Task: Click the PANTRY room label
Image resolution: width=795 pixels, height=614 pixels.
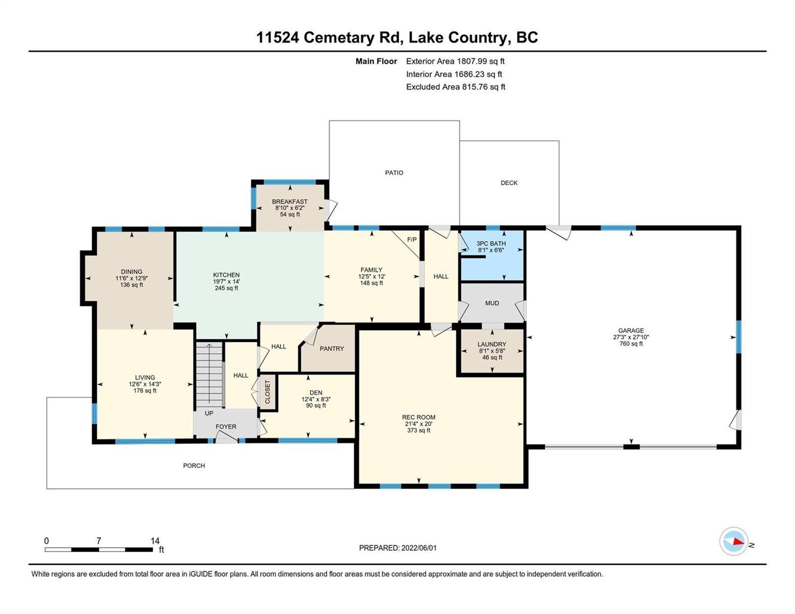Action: pyautogui.click(x=332, y=348)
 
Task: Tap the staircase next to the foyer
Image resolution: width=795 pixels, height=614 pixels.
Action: pyautogui.click(x=209, y=375)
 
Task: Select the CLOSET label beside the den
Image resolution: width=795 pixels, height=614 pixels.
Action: pyautogui.click(x=267, y=391)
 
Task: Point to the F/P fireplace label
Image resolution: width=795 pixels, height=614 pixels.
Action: pyautogui.click(x=412, y=239)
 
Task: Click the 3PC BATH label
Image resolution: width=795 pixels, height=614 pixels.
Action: pyautogui.click(x=491, y=243)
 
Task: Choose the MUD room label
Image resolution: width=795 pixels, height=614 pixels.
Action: pyautogui.click(x=492, y=303)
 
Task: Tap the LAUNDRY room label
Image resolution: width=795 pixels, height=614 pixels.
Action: pyautogui.click(x=492, y=344)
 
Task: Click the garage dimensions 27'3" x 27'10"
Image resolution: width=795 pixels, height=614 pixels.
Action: pyautogui.click(x=631, y=337)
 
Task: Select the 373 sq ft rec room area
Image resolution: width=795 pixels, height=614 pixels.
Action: pyautogui.click(x=419, y=430)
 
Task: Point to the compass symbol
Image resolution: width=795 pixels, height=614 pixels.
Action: pyautogui.click(x=733, y=541)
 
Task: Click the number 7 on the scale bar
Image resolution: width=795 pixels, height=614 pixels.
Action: pyautogui.click(x=98, y=541)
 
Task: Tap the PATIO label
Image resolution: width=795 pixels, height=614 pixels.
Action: pyautogui.click(x=394, y=172)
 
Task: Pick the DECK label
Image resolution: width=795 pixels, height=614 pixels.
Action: pyautogui.click(x=509, y=183)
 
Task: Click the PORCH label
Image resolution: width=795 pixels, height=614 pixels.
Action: pyautogui.click(x=194, y=466)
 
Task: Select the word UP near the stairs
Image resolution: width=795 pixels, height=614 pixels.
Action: pyautogui.click(x=209, y=413)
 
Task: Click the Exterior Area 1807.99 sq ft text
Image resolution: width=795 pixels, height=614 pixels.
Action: pyautogui.click(x=455, y=61)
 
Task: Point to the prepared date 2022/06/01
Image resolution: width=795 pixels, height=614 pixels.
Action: pyautogui.click(x=419, y=548)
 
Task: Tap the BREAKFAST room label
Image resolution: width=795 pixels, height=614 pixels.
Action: pyautogui.click(x=289, y=202)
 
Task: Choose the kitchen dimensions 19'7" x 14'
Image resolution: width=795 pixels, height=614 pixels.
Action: pyautogui.click(x=226, y=281)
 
